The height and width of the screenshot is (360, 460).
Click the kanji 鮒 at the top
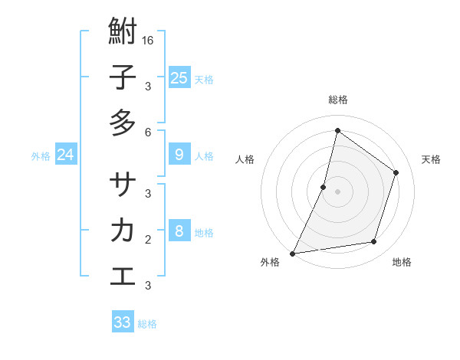(x=123, y=32)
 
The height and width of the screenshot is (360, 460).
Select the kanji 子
(x=123, y=78)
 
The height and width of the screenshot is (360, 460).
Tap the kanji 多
(x=123, y=123)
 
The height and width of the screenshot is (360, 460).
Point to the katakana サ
(x=123, y=185)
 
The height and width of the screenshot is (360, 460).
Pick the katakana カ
(x=123, y=231)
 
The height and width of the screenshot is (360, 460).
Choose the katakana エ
(x=123, y=276)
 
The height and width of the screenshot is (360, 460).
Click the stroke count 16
(x=148, y=40)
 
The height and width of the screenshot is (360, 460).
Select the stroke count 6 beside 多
(x=148, y=132)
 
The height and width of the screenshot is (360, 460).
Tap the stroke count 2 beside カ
(x=148, y=239)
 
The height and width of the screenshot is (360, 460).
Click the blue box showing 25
(x=179, y=77)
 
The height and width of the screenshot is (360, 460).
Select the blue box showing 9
(x=179, y=155)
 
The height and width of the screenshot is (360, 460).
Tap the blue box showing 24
(x=65, y=155)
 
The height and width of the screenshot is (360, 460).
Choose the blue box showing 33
(x=123, y=322)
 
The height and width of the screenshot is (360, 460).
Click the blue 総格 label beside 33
(x=147, y=324)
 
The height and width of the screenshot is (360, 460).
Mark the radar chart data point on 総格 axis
(x=337, y=130)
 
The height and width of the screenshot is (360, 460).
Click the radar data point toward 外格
(x=292, y=253)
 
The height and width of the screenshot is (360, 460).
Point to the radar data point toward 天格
(x=396, y=172)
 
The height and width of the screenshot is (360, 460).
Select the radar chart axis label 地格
(x=402, y=263)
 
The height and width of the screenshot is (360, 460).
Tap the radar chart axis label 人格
(x=245, y=159)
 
